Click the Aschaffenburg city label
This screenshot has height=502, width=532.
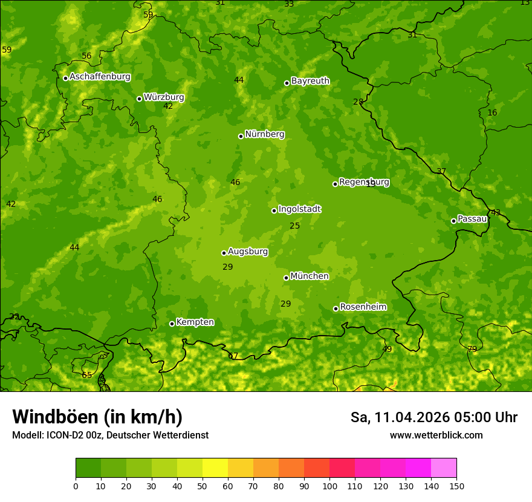tap(100, 77)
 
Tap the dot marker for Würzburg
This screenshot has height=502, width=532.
tap(139, 99)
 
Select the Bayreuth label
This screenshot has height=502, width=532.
tap(310, 80)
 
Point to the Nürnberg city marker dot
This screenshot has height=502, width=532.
tap(241, 136)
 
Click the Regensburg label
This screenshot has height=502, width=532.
tap(364, 181)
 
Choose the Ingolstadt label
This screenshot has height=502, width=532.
tap(299, 209)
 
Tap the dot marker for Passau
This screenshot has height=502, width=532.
tap(453, 221)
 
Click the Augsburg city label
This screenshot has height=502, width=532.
tap(248, 251)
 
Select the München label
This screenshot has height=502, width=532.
tap(310, 276)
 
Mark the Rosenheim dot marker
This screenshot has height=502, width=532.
tap(336, 308)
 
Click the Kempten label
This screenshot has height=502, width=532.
tap(195, 322)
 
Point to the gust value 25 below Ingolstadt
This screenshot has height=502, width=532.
tap(294, 226)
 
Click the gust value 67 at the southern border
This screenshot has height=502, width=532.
tap(233, 356)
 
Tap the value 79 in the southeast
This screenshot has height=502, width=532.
tap(472, 349)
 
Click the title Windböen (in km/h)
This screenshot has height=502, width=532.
tap(97, 417)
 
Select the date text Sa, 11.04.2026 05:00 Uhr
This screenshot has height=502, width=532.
tap(433, 417)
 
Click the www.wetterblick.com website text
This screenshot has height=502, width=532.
tap(436, 435)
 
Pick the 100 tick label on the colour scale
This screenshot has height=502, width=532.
tap(329, 486)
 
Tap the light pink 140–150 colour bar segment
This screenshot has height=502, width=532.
tap(444, 468)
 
